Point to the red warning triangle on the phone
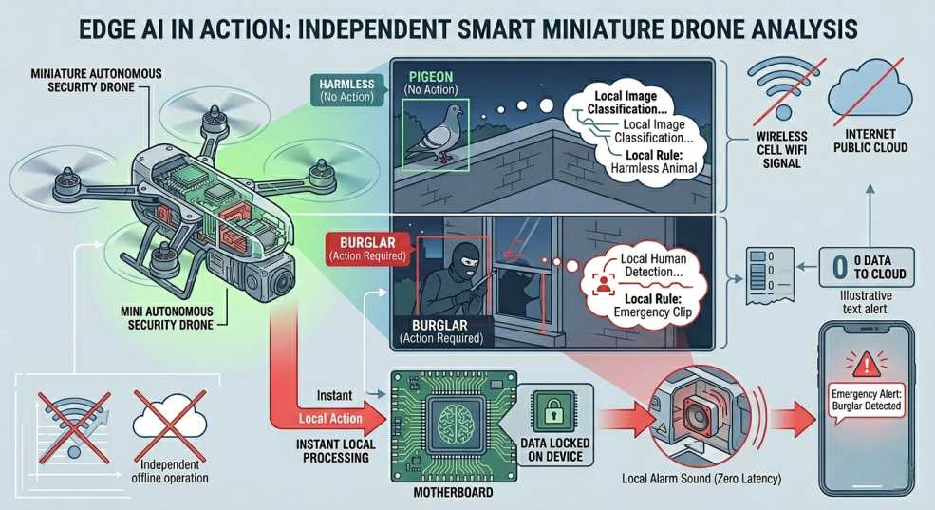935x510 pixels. point(866,363)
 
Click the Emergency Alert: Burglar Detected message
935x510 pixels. point(866,400)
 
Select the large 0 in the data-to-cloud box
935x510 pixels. point(839,267)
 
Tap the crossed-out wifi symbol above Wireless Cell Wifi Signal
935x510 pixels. point(785,88)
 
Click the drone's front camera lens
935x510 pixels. point(280,280)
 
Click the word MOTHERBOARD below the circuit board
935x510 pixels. point(453,492)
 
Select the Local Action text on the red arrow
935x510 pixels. point(330,418)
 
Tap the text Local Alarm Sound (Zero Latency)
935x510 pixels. point(701,479)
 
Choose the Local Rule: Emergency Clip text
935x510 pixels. point(653,306)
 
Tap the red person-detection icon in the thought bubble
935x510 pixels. point(604,282)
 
